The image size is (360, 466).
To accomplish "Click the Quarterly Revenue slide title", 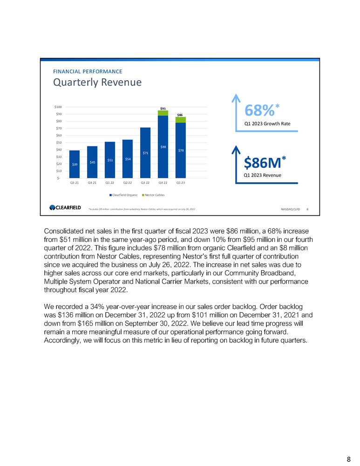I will coord(97,82).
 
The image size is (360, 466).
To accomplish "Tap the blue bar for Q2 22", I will coord(128,158).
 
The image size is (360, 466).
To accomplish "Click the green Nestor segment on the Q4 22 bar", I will coord(163,113).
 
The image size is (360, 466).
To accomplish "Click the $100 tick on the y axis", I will coord(59,107).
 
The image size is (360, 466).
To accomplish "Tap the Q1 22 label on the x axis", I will coord(110,183).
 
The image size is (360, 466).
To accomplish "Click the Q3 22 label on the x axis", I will coord(145,183).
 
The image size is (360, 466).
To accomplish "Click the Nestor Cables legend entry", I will coord(153,195).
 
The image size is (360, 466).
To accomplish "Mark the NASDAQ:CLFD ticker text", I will coord(291,209).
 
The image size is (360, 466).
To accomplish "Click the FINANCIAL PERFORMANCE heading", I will coord(88,71).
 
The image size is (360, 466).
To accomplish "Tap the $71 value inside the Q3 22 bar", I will coord(145,152).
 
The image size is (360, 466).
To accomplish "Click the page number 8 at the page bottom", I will coord(348,459).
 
